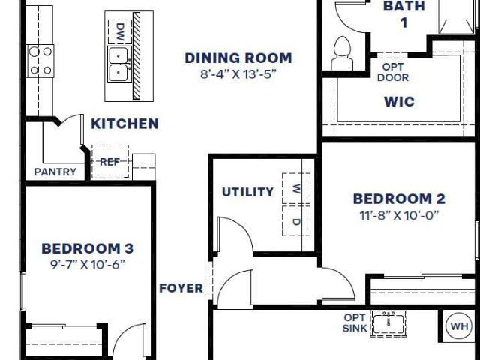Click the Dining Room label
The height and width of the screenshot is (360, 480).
coord(238,58)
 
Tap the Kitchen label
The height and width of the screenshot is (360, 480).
coord(124,124)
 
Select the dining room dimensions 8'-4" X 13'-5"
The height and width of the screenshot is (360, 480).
coord(238,74)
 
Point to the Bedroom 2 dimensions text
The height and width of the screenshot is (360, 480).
coord(399,215)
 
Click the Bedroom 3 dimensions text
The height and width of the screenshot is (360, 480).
coord(88,264)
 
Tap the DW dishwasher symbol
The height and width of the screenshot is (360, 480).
coord(120,31)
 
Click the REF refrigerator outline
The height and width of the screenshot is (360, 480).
coord(110,162)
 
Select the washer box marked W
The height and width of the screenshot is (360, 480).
coord(296,188)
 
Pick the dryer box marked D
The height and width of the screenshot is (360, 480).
coord(296,220)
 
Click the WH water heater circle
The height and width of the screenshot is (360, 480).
coord(459,326)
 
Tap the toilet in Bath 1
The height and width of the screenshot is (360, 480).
coord(342,53)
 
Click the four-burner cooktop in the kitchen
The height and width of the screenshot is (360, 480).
coord(40,61)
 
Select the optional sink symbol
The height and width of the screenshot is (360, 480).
coord(388,323)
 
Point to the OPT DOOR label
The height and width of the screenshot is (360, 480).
coord(393,72)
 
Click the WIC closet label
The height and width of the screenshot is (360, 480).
coord(400,102)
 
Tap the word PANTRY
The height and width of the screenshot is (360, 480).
coord(55,172)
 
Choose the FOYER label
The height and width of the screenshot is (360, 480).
coord(181,288)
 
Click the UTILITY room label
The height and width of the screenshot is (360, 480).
coord(248,192)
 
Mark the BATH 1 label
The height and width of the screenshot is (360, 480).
coord(404,14)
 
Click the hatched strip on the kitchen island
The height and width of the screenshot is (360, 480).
coord(136,55)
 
